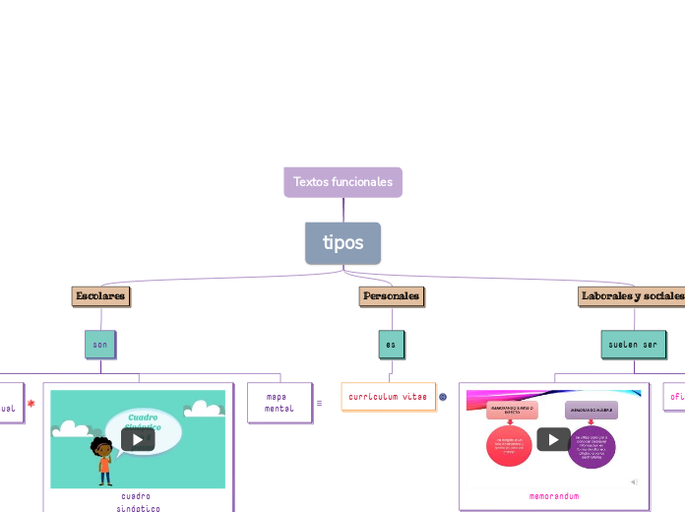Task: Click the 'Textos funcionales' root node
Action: click(x=342, y=182)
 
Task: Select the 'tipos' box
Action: click(x=342, y=243)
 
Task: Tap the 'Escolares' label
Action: click(x=100, y=295)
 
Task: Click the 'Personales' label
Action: click(x=391, y=295)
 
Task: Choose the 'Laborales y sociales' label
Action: click(x=632, y=295)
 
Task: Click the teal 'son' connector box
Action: click(x=100, y=345)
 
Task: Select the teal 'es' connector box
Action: click(x=391, y=345)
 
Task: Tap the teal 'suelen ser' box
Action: click(x=633, y=345)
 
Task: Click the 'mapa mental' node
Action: click(x=279, y=402)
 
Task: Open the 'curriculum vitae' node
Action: click(x=388, y=396)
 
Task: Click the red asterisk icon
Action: click(x=31, y=403)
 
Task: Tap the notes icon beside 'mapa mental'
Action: click(x=319, y=403)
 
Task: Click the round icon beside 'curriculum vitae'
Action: click(x=443, y=397)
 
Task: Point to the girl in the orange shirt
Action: click(x=103, y=461)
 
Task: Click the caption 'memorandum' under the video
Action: click(x=554, y=496)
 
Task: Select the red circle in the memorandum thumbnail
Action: click(x=509, y=446)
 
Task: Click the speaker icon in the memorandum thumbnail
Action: click(x=634, y=481)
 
